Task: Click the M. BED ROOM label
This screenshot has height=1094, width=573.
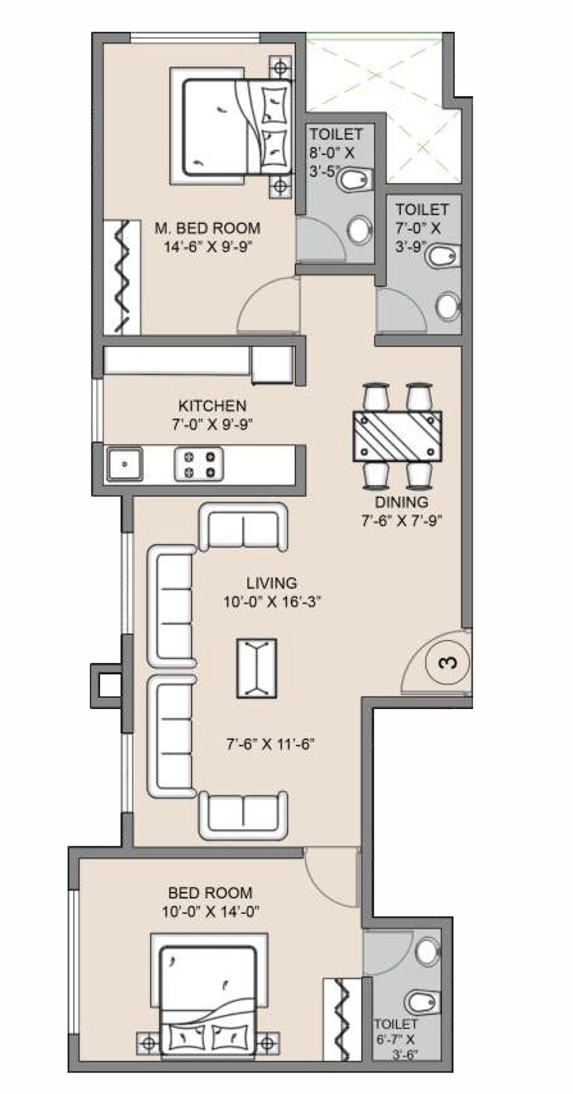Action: (x=208, y=227)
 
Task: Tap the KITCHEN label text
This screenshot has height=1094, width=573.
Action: (x=212, y=405)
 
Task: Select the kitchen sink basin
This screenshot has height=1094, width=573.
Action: (x=124, y=463)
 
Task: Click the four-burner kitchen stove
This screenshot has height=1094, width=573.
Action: (x=199, y=463)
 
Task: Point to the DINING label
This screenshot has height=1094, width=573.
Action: (x=401, y=502)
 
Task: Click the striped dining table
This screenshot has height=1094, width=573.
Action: (x=397, y=436)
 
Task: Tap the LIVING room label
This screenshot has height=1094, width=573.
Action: (x=271, y=582)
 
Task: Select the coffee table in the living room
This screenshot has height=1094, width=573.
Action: (x=257, y=668)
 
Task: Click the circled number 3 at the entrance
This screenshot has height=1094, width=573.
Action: (x=448, y=663)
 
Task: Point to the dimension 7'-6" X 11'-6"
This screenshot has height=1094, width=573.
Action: (x=271, y=744)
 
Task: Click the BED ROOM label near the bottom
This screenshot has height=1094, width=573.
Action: (x=210, y=893)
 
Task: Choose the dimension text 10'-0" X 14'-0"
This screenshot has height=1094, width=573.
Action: (x=210, y=912)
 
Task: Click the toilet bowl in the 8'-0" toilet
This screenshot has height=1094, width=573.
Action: (x=355, y=180)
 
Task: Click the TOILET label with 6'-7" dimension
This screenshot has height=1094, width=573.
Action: (x=395, y=1024)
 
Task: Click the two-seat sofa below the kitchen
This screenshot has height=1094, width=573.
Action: (x=243, y=527)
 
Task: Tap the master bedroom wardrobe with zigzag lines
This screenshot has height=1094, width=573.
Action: (x=122, y=277)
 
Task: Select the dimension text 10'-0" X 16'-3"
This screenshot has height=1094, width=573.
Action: (x=271, y=602)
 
